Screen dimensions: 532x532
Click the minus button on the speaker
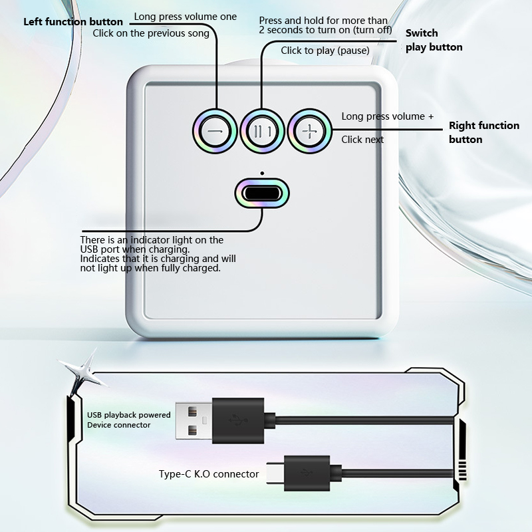coord(214,131)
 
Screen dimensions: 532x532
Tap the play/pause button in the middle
coord(262,131)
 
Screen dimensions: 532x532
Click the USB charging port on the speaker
coord(262,194)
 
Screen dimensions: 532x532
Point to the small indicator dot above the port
coord(262,174)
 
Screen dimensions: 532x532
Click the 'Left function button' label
coord(73,22)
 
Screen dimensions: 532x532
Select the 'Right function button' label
coord(484,132)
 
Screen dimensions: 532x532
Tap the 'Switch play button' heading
coord(434,40)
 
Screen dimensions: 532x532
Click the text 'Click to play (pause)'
coord(325,51)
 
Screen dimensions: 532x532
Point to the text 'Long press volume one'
coord(186,17)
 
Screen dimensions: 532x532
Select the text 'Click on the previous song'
coord(151,33)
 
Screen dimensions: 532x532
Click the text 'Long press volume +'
coord(388,116)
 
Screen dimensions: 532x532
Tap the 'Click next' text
coord(362,140)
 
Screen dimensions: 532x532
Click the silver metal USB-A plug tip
coord(194,421)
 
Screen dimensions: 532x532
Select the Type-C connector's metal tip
coord(275,473)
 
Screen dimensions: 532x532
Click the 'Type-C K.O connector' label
coord(209,474)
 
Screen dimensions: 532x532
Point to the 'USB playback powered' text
coord(129,415)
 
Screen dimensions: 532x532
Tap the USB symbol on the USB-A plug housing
coord(238,420)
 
